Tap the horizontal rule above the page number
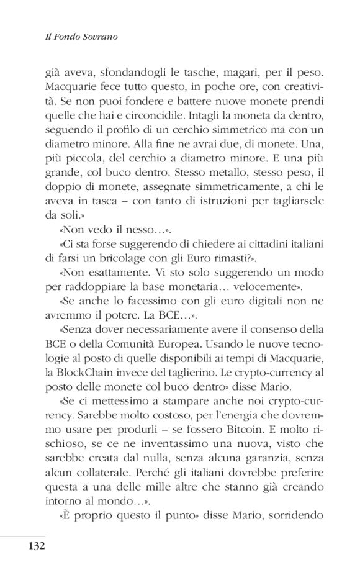click(23, 536)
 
